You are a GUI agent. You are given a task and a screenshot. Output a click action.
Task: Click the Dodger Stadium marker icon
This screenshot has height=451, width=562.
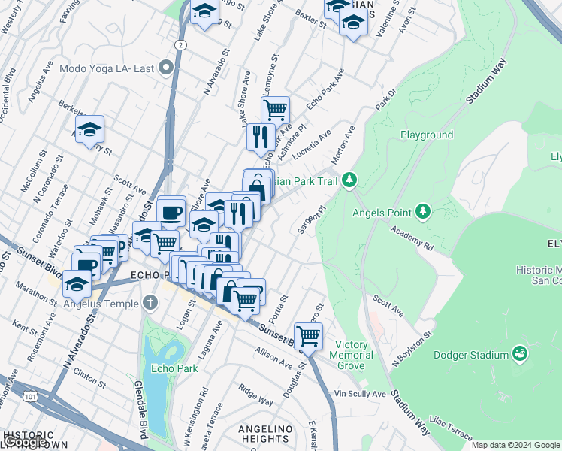(x=520, y=352)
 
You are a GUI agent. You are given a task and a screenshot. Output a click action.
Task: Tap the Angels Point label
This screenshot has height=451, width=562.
(x=382, y=212)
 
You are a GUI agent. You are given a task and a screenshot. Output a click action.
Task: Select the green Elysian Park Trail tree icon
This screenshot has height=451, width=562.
(x=349, y=180)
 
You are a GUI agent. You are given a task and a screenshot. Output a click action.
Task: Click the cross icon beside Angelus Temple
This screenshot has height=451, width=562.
(x=150, y=303)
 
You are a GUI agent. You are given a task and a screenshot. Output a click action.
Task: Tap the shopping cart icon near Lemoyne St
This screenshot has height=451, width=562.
(x=276, y=109)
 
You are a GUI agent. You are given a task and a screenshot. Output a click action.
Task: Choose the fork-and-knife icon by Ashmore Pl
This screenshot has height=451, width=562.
(x=258, y=136)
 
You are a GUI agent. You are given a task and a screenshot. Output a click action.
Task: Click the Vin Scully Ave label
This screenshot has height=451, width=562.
(x=360, y=394)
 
